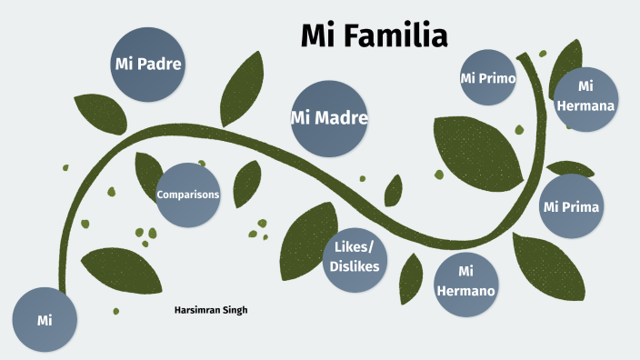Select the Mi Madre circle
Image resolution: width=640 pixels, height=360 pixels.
tap(329, 118)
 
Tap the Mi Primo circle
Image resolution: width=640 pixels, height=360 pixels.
tap(488, 79)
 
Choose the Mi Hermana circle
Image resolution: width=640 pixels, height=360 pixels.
tap(586, 95)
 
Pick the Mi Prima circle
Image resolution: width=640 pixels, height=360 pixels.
tap(571, 206)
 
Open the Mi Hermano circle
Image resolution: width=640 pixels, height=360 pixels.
tap(466, 282)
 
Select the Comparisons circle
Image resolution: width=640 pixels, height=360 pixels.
tap(188, 195)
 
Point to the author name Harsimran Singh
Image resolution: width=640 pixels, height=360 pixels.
tap(211, 310)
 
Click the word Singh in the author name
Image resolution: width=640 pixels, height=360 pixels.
tap(235, 310)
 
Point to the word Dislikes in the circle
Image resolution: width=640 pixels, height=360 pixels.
tap(356, 266)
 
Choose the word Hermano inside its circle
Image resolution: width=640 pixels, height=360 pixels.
tap(466, 291)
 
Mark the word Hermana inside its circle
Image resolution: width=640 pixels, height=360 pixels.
tap(586, 105)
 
